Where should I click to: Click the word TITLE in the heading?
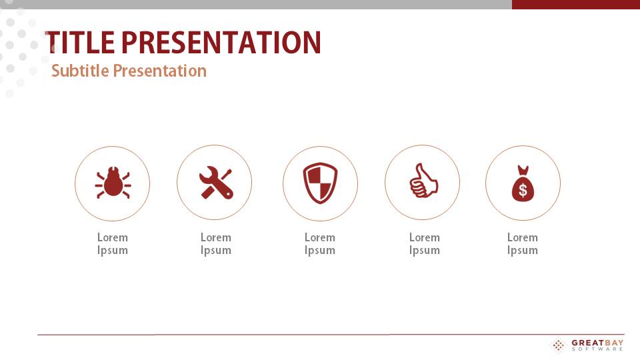(x=80, y=43)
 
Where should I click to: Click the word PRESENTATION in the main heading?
(x=221, y=43)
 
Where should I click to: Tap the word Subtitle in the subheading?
(x=80, y=71)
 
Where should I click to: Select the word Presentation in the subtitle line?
(x=160, y=71)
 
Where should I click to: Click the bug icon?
(x=113, y=183)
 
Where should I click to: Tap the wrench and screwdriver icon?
(x=216, y=183)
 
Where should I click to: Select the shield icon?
(x=320, y=183)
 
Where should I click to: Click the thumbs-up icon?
(x=424, y=181)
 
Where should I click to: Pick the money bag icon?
(x=523, y=184)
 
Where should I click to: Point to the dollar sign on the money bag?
(x=523, y=190)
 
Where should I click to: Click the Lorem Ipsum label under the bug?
(x=113, y=244)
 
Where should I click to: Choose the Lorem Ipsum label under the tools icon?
(x=216, y=244)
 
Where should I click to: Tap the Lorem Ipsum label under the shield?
(x=320, y=244)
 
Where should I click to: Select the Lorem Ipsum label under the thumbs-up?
(x=425, y=244)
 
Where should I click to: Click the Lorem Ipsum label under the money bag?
(x=523, y=244)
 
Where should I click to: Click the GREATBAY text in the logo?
(x=597, y=343)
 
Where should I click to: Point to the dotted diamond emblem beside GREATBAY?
(x=559, y=345)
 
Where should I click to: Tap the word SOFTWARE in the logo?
(x=597, y=349)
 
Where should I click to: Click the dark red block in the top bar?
(x=576, y=5)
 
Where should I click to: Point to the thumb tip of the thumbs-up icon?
(x=419, y=165)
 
